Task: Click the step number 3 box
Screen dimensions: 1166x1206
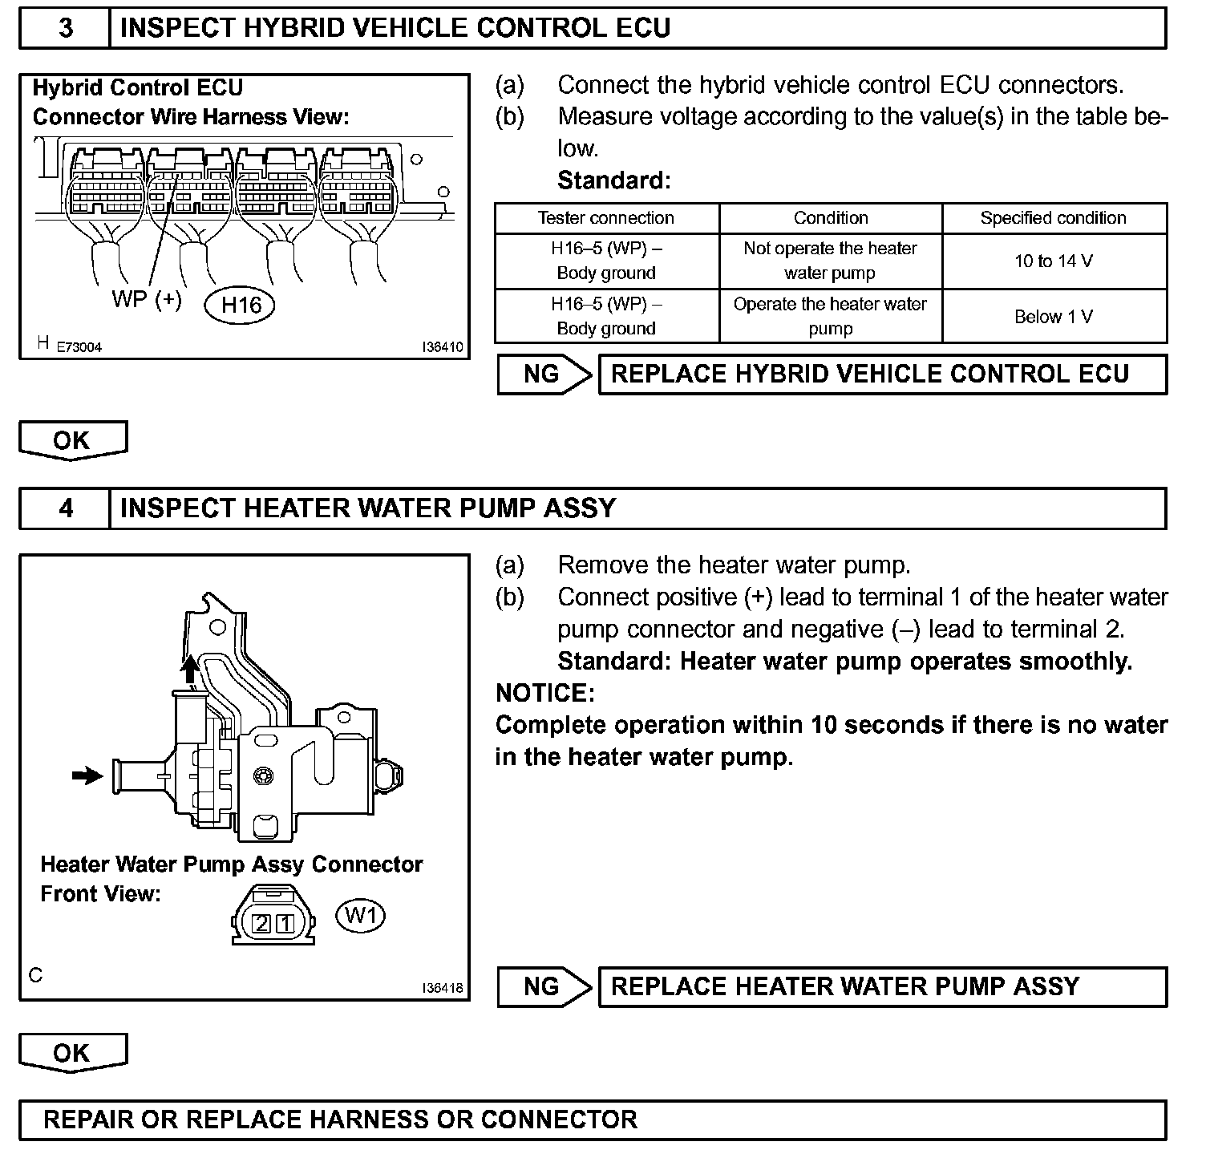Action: pos(65,29)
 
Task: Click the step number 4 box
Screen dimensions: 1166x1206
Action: pos(65,509)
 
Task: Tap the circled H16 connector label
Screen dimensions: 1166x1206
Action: pos(241,306)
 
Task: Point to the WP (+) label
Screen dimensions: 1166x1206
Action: pos(147,299)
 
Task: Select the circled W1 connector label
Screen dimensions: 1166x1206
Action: pos(360,915)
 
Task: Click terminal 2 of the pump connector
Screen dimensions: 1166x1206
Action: pos(261,924)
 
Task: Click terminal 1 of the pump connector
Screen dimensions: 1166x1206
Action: pos(285,924)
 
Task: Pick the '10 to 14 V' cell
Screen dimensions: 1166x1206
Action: pos(1054,261)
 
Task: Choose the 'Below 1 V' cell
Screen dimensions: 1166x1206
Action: pos(1054,317)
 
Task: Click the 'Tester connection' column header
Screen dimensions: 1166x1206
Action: pos(606,218)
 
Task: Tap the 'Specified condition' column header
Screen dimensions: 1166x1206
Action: pos(1054,218)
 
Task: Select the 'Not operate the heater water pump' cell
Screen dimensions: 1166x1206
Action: pos(830,261)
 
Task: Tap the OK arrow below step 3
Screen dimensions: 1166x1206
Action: pos(72,440)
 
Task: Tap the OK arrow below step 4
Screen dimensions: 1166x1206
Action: pos(72,1053)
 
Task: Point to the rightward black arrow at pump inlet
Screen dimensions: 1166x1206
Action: pos(87,775)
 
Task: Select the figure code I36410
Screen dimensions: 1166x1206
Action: pos(443,348)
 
